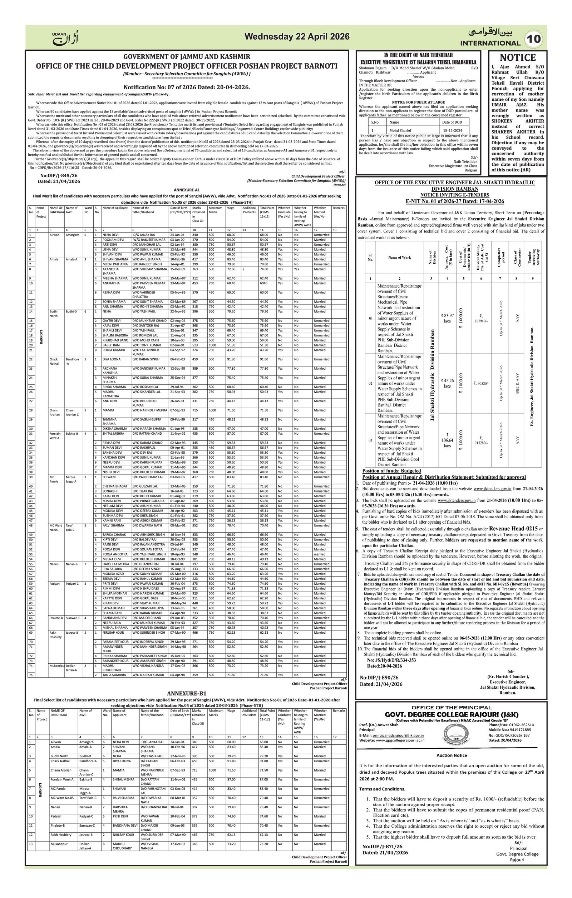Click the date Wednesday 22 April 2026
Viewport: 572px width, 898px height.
pos(297,36)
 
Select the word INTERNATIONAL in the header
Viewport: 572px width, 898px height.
pos(490,43)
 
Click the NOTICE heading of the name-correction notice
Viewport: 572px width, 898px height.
pos(518,58)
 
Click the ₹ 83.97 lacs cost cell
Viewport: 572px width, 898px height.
pos(447,318)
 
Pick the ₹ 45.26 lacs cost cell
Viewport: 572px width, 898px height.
pos(447,383)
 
